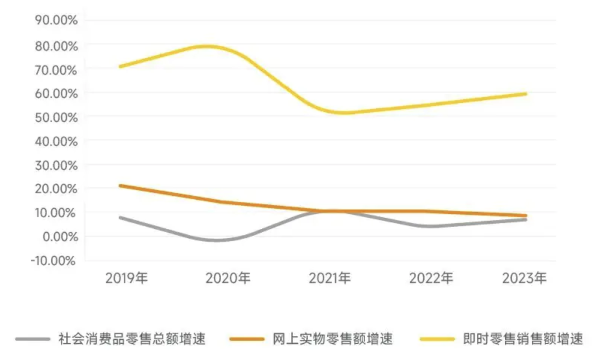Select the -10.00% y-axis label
[x=54, y=261]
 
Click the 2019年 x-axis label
[x=126, y=278]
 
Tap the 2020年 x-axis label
[x=228, y=278]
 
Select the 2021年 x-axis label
[x=329, y=278]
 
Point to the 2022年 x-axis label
[x=431, y=278]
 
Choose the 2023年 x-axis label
[x=524, y=278]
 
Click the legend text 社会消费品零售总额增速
[x=132, y=338]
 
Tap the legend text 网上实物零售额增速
[x=332, y=338]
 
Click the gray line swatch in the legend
[x=33, y=339]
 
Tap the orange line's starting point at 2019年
[x=120, y=185]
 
